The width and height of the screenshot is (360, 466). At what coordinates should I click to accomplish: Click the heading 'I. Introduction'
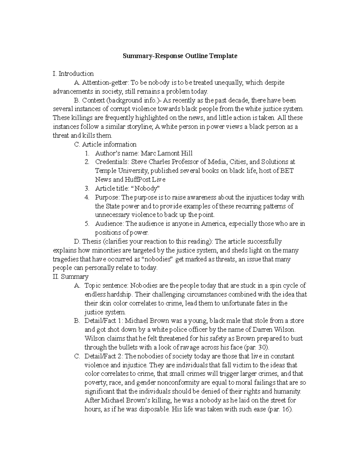[x=73, y=74]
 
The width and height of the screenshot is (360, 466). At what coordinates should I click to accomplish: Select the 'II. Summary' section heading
[x=70, y=277]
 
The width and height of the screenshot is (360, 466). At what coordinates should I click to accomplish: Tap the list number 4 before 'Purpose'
[x=87, y=197]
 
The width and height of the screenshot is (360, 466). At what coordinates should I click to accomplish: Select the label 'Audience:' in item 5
[x=109, y=224]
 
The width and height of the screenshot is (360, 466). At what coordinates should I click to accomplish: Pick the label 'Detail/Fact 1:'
[x=103, y=321]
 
